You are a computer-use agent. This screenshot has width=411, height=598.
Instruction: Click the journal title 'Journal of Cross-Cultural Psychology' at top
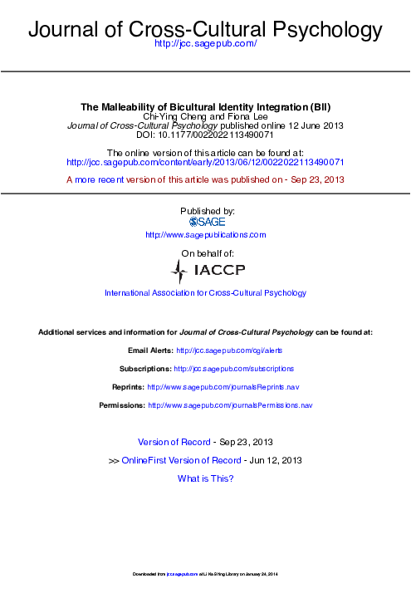tap(205, 31)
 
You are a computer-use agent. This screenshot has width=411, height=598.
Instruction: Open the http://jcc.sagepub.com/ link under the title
tap(206, 53)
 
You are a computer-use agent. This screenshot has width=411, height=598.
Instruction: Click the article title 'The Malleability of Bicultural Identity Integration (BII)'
tap(205, 107)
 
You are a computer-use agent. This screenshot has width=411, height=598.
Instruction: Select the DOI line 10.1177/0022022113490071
tap(205, 135)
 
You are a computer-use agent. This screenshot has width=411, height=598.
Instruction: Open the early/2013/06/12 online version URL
tap(205, 163)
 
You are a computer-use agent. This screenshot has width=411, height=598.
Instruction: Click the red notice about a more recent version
tap(205, 179)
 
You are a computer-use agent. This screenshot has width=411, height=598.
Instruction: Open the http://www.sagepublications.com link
tap(206, 235)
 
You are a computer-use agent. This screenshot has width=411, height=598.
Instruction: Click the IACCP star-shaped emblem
tap(179, 271)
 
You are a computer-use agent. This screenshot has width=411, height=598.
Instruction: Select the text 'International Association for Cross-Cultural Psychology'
tap(206, 293)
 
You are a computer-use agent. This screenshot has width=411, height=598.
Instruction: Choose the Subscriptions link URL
tap(234, 368)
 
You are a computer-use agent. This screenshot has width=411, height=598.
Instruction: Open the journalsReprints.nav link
tap(223, 387)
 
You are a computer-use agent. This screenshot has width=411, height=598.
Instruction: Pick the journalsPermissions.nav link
tap(230, 405)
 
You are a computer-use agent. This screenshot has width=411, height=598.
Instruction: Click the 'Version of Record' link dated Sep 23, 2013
tap(174, 442)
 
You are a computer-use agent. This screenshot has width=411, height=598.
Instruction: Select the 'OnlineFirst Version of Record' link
tap(181, 460)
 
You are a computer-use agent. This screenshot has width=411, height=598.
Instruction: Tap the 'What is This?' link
tap(206, 478)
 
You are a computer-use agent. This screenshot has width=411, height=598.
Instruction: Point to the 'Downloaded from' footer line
tap(205, 575)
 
